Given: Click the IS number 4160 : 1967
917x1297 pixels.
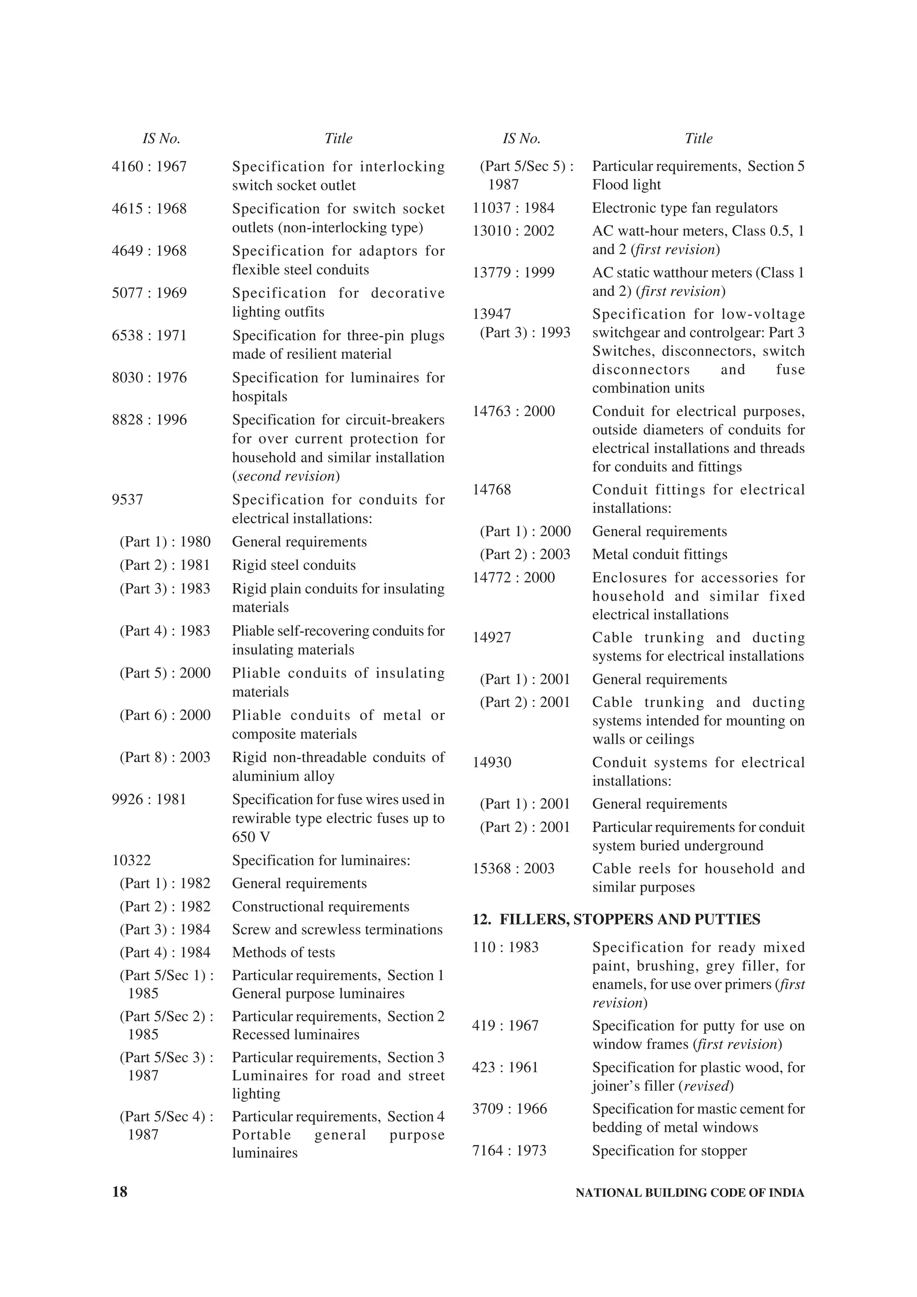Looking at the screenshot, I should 149,166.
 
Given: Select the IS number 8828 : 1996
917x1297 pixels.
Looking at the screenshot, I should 149,420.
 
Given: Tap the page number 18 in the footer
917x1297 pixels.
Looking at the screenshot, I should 120,1192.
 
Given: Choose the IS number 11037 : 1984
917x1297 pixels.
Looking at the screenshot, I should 514,208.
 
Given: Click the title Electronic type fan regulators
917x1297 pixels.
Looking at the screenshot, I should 685,208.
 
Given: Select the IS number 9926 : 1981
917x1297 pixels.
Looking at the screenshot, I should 149,799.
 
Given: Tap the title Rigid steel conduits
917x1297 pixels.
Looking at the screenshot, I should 294,565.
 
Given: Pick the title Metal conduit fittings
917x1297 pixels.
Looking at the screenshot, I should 660,554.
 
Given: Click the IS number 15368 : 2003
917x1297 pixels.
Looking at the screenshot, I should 514,868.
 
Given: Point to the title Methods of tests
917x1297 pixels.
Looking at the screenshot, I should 283,952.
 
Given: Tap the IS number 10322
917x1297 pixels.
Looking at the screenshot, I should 131,860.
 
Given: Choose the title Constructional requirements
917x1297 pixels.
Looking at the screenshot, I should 320,907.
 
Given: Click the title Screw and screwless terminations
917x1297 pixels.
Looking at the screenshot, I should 337,929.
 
